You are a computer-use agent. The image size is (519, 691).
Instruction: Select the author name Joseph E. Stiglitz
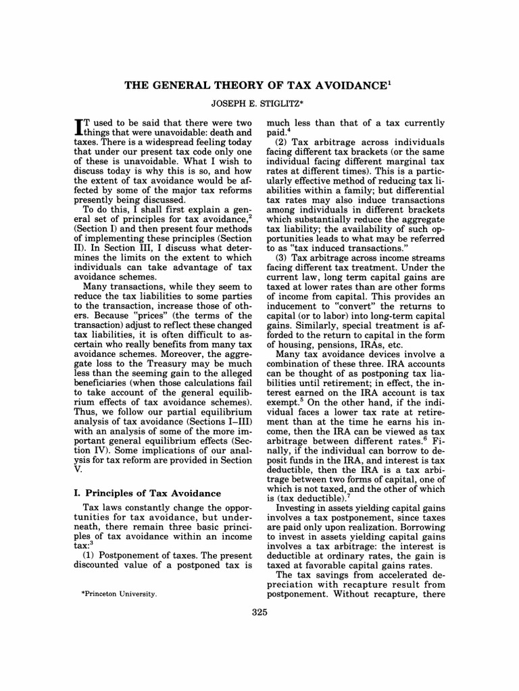click(260, 105)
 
